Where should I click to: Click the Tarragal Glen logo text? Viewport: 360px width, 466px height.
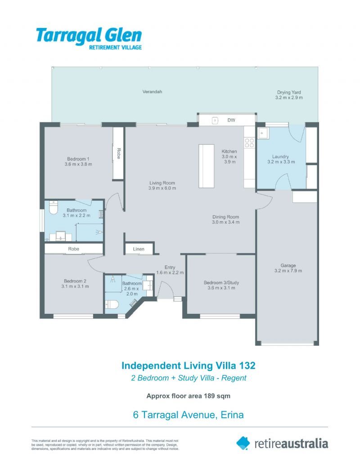click(x=89, y=36)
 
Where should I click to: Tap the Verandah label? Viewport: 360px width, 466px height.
click(x=152, y=91)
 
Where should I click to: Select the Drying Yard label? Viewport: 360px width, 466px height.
click(x=289, y=95)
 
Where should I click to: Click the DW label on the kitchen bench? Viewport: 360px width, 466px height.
click(x=231, y=120)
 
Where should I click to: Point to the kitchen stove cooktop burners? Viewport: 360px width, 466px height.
click(x=249, y=143)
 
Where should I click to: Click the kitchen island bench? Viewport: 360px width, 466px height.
click(x=207, y=166)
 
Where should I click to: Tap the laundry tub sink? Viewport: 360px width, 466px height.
click(x=263, y=134)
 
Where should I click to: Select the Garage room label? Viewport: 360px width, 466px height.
click(x=288, y=268)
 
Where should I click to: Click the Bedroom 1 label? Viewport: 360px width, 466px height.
click(x=78, y=161)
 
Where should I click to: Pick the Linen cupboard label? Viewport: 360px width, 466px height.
click(x=139, y=249)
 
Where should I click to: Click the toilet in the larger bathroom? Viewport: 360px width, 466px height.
click(x=53, y=208)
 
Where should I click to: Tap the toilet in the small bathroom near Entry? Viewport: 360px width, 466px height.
click(x=112, y=305)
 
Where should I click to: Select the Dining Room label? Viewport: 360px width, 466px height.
click(x=226, y=219)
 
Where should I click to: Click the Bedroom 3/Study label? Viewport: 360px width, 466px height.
click(x=221, y=285)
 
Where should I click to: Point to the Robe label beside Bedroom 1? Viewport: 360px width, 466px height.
click(x=119, y=154)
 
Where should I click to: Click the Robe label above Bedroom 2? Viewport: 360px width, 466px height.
click(x=74, y=249)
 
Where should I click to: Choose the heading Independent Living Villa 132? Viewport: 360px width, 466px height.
click(x=189, y=365)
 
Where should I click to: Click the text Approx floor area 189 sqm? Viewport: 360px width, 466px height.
click(x=189, y=396)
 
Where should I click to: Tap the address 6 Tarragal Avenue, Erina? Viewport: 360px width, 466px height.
click(x=189, y=415)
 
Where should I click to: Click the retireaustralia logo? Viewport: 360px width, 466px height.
click(x=282, y=443)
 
